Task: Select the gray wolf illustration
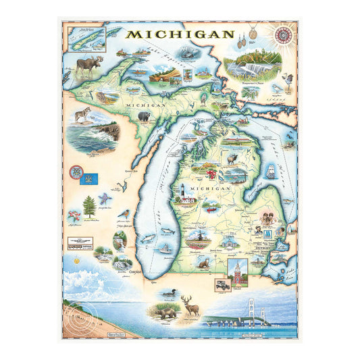82,115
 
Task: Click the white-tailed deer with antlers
190,307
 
